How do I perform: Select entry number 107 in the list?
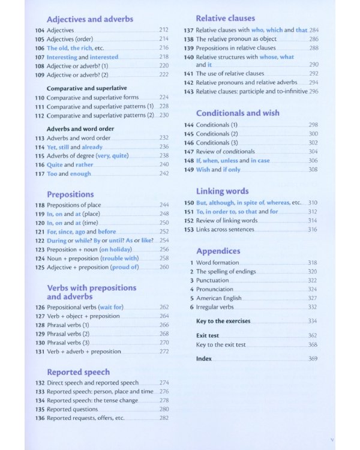[40, 57]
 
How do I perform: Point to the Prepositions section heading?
[70, 194]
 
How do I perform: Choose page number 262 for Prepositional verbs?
[164, 307]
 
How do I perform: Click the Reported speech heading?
[78, 372]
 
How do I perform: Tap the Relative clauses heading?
[225, 18]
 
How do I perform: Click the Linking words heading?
[222, 191]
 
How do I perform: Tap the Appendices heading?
[218, 251]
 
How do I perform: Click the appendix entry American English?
[219, 298]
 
